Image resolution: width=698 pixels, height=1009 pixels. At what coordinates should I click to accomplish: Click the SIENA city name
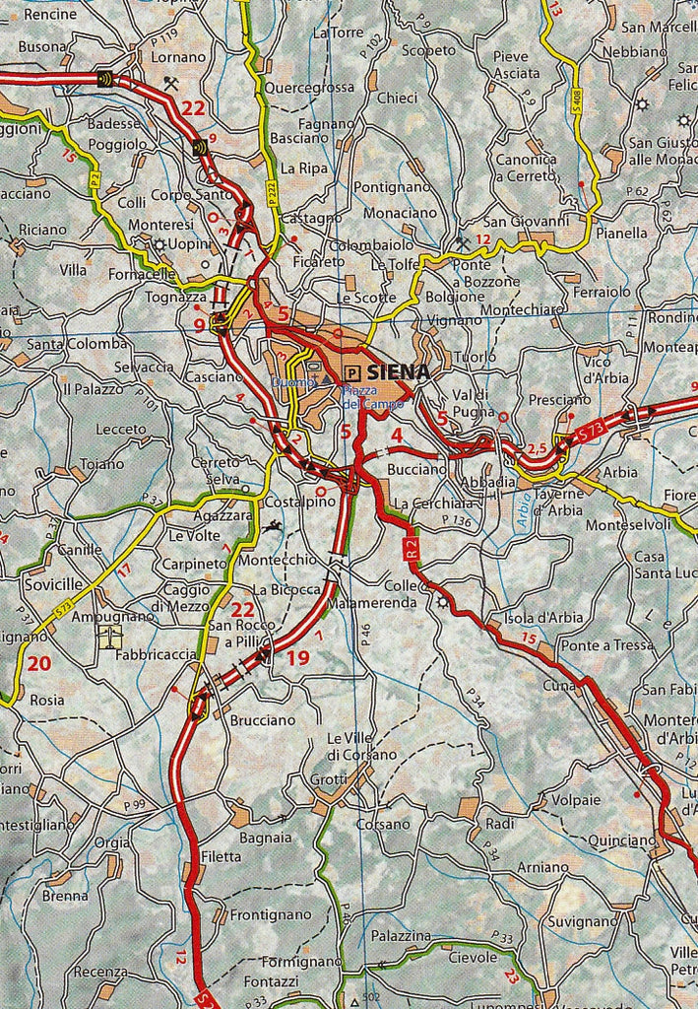(x=398, y=372)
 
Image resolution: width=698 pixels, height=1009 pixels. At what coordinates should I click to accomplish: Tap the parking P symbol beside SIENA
(x=351, y=372)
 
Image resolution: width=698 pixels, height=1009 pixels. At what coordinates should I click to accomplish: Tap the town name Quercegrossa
(x=310, y=87)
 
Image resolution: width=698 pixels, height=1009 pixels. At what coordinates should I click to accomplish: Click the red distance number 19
(x=297, y=658)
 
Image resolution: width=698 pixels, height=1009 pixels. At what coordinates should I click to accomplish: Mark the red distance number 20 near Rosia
(x=38, y=663)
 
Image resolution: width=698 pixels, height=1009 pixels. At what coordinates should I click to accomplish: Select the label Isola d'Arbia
(x=543, y=618)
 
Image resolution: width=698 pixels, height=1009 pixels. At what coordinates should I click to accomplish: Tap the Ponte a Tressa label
(x=605, y=644)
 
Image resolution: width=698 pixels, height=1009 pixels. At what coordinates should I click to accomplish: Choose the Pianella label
(x=621, y=233)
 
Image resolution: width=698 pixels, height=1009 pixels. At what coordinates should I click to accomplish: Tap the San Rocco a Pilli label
(x=234, y=634)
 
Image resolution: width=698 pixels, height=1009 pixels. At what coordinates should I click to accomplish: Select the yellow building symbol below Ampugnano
(x=109, y=637)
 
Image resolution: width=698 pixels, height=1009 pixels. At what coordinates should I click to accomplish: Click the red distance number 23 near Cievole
(x=510, y=976)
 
